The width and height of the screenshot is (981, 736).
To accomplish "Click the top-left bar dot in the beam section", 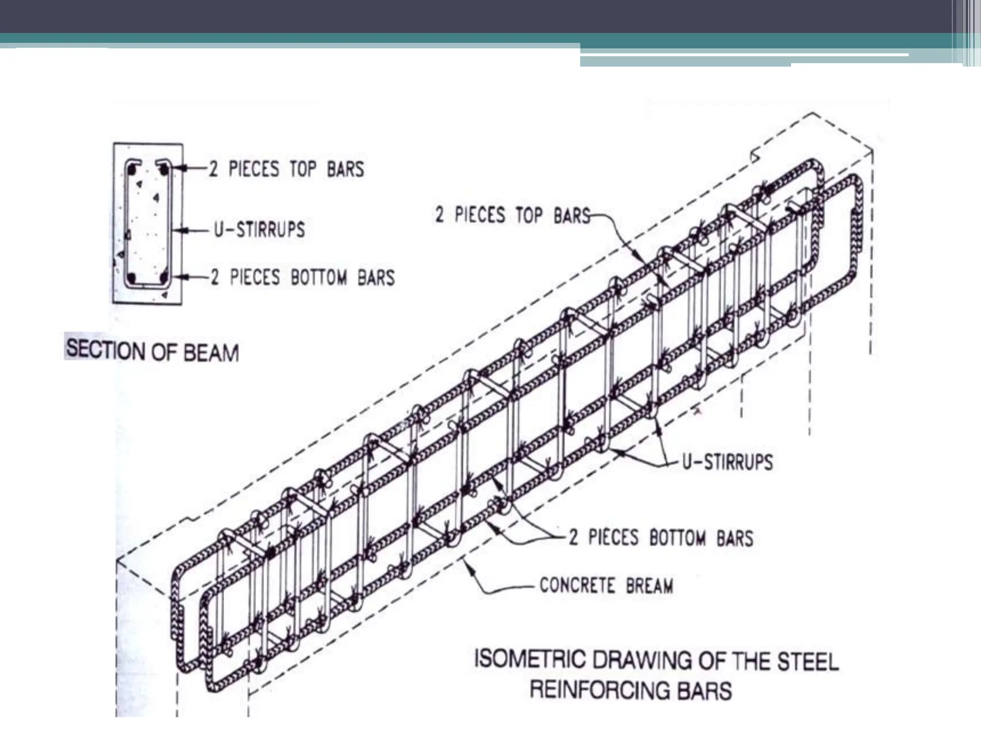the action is [x=133, y=170].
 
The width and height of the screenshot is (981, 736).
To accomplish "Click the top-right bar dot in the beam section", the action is [x=164, y=169].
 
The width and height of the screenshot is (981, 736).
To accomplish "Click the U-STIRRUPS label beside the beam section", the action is [x=259, y=230].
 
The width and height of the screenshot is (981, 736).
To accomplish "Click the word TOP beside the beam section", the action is [x=303, y=169].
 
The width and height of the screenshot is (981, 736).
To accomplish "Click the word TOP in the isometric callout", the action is [x=529, y=216].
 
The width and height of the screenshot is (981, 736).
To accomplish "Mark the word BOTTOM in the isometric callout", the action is [x=677, y=538].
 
